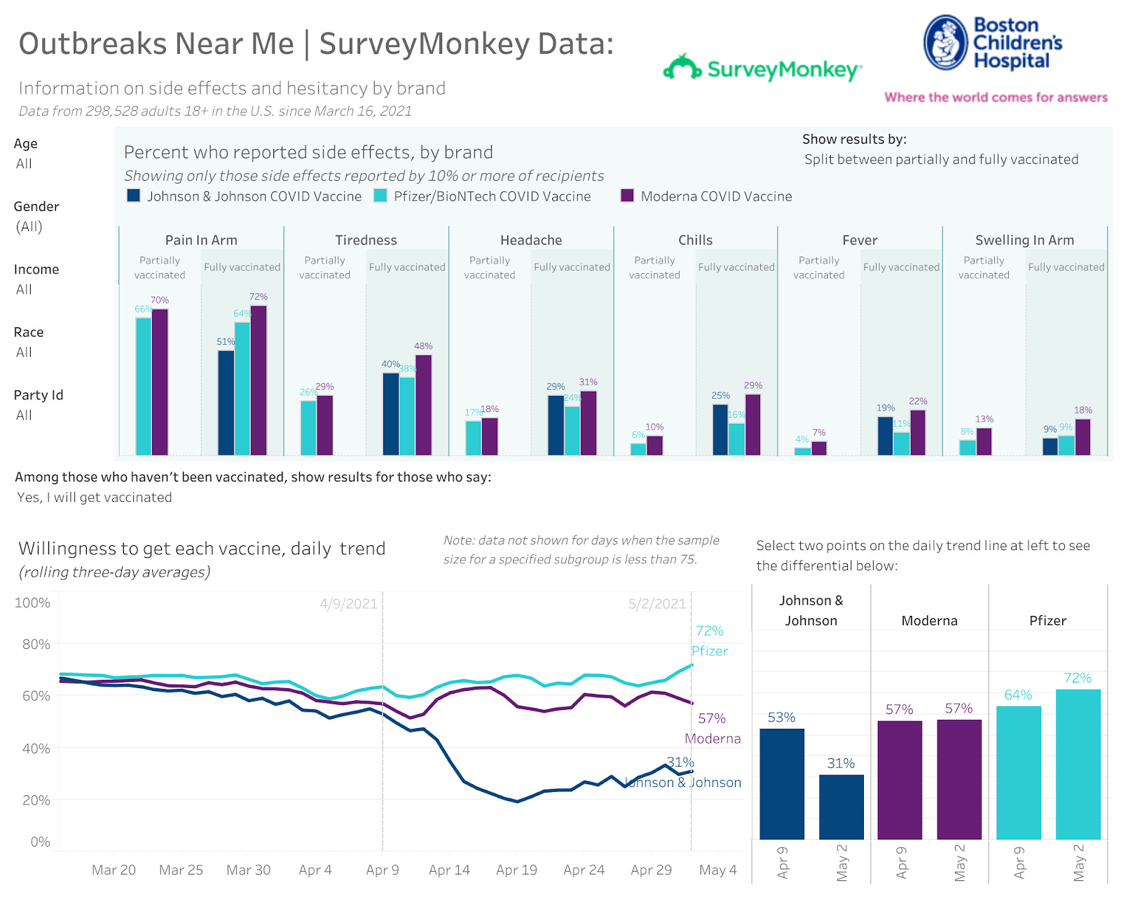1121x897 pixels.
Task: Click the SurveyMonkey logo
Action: coord(762,69)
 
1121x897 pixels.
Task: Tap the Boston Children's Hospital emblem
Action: coord(945,43)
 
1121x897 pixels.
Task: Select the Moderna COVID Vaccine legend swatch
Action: coord(627,196)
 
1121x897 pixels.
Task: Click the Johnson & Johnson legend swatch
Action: coord(133,196)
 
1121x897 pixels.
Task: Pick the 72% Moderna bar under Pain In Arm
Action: coord(259,381)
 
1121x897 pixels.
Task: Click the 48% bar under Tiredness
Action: coord(423,405)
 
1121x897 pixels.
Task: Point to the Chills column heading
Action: coord(695,240)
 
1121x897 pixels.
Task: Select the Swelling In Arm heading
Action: coord(1024,240)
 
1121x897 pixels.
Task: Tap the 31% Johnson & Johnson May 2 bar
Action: coord(841,807)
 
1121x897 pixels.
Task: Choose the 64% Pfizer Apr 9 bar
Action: coord(1018,772)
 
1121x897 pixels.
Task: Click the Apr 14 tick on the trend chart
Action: coord(449,870)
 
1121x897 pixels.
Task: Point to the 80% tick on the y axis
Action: coord(36,644)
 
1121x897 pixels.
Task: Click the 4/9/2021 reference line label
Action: coord(348,604)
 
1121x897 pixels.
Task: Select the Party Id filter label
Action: coord(39,395)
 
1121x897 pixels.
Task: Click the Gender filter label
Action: coord(36,207)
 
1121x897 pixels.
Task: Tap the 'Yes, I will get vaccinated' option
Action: coord(95,498)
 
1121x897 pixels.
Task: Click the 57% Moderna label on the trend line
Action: coord(711,718)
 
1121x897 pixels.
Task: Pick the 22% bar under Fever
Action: coord(918,432)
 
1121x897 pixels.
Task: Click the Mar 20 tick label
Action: coord(114,870)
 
